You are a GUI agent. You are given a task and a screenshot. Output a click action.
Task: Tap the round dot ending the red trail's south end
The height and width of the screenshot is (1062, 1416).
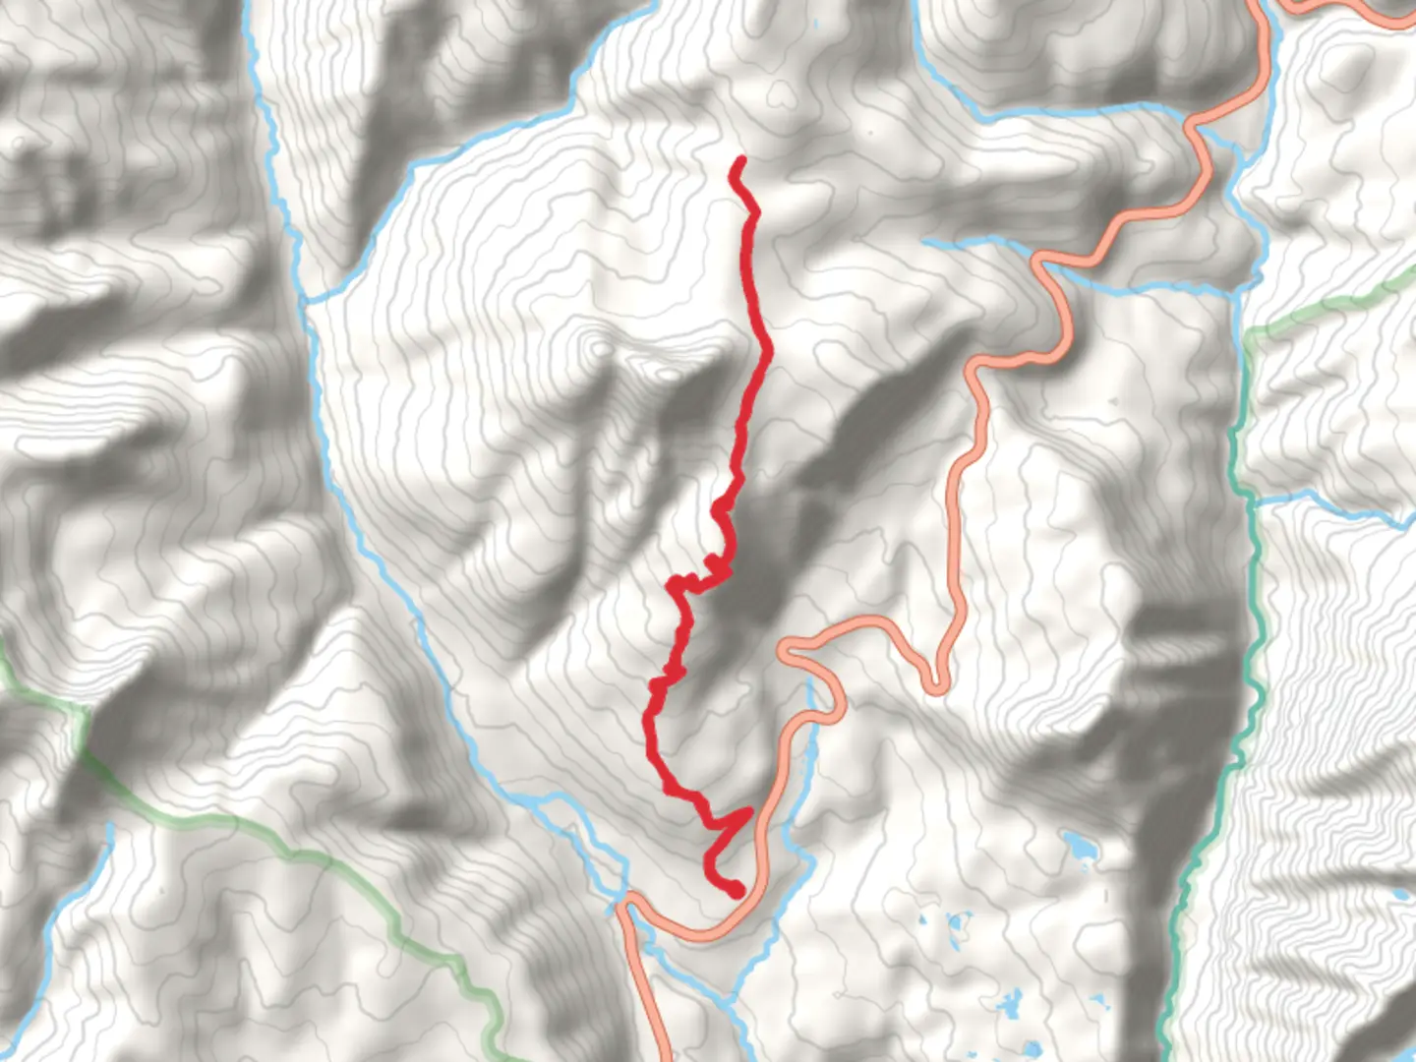coord(736,891)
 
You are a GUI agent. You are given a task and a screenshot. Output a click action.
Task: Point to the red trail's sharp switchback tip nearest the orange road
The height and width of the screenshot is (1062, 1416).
coord(749,812)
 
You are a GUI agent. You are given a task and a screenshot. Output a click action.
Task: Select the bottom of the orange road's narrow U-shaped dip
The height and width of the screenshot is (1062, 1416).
coord(937,685)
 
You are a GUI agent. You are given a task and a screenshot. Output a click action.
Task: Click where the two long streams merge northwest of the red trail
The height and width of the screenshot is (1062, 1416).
coord(307,301)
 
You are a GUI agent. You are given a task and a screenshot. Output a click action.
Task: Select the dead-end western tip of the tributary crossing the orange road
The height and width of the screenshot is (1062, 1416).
coord(927,242)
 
